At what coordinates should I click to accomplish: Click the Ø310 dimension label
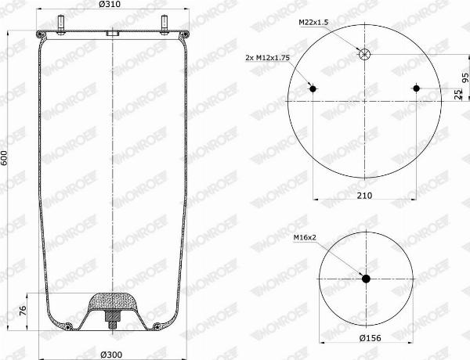click(112, 4)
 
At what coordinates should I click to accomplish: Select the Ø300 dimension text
click(111, 355)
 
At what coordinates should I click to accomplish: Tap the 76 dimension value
click(23, 311)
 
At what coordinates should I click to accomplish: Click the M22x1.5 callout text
click(313, 22)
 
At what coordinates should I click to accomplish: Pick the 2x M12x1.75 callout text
click(267, 58)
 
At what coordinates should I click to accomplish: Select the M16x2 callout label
click(305, 237)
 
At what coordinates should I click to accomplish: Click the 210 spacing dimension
click(364, 196)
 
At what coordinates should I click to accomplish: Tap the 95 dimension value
click(465, 77)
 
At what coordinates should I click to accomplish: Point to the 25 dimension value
click(458, 95)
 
